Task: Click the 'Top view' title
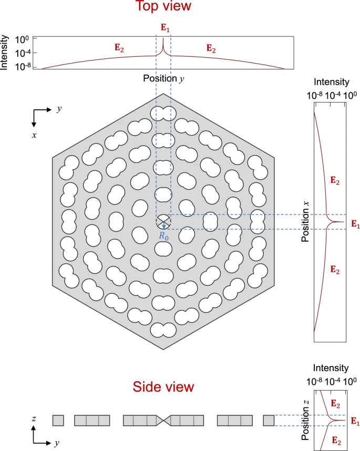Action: pos(164,7)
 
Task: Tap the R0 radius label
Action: pos(164,236)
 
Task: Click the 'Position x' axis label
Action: pos(305,222)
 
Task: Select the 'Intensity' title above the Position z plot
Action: pos(331,368)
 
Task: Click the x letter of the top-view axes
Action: pos(34,135)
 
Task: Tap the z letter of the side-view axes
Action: pos(34,419)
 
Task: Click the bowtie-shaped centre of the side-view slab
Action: pos(163,420)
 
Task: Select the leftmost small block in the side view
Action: pos(58,420)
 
